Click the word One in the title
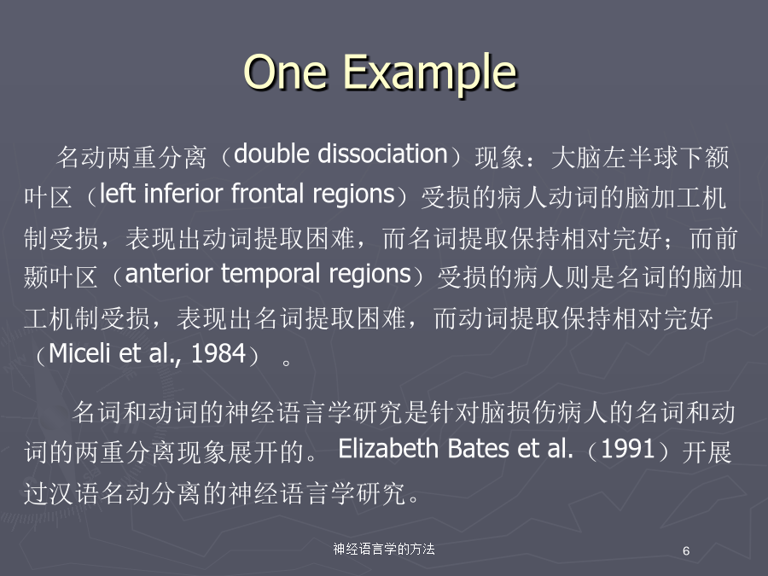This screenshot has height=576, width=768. tap(285, 72)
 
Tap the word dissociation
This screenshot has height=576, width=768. tap(383, 154)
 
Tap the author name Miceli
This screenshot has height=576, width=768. tap(79, 352)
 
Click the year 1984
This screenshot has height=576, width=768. tap(218, 353)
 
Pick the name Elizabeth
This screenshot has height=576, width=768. tap(388, 448)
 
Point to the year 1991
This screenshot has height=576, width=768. tap(627, 449)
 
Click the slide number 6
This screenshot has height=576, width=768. tap(686, 551)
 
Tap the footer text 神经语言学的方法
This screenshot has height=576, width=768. tap(384, 549)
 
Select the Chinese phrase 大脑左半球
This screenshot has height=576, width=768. tap(614, 157)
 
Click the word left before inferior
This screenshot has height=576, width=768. tap(118, 194)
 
